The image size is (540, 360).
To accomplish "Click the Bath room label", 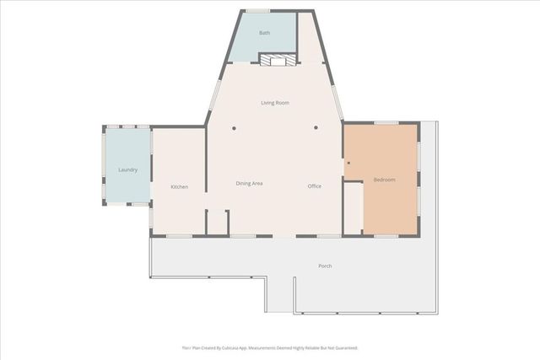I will (264, 33).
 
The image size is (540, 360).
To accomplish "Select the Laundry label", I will (127, 170).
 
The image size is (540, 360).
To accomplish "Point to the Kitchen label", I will (179, 187).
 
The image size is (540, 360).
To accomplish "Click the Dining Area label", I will (249, 183).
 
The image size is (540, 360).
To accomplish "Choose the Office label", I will (315, 186).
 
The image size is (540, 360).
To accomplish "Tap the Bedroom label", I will (384, 180).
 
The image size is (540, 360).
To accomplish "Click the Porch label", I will (325, 266).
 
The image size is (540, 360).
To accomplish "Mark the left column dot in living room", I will (234, 128).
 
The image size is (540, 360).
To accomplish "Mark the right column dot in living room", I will (316, 128).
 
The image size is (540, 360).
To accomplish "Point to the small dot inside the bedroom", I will (348, 163).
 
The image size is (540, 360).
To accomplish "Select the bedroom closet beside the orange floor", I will (353, 207).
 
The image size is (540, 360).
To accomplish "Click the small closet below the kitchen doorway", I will (217, 223).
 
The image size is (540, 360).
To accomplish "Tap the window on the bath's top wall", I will (257, 11).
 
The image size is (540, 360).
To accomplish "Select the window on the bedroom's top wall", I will (386, 123).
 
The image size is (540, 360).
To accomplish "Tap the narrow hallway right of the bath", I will (310, 38).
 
